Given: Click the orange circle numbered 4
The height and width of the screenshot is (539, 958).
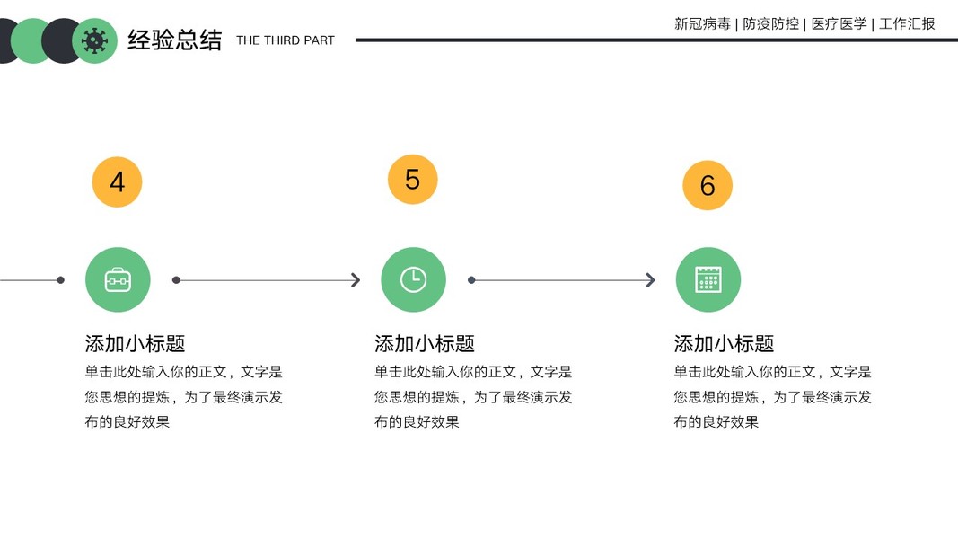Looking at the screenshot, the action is (x=118, y=182).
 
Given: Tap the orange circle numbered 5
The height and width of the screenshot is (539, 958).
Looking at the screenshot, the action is (x=412, y=180).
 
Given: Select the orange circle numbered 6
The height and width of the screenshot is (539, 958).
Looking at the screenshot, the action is (x=708, y=186).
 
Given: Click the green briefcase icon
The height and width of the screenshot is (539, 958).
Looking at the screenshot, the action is (x=118, y=279).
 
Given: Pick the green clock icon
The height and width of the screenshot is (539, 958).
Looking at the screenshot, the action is (x=413, y=279).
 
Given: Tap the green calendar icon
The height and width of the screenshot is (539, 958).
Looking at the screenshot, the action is (x=708, y=279).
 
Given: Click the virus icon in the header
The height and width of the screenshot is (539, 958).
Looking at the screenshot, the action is (x=94, y=40).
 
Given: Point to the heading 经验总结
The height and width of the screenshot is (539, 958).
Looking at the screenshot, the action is (x=174, y=40).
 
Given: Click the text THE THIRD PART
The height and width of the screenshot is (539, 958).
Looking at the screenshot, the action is (x=285, y=40).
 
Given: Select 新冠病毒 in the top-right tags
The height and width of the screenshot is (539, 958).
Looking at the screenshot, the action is (x=702, y=24).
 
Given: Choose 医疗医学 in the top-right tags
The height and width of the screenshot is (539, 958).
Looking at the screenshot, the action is (x=839, y=24).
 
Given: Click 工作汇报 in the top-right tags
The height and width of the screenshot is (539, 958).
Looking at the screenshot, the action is (x=907, y=24).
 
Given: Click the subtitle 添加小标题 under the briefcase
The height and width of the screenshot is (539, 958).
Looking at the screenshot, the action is (x=135, y=343).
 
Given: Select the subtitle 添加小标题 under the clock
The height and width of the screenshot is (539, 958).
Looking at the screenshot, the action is (x=424, y=343).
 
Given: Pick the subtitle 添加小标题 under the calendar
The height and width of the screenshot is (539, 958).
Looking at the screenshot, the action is (x=724, y=343).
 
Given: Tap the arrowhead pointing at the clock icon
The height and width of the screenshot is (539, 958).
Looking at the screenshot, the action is (x=356, y=280).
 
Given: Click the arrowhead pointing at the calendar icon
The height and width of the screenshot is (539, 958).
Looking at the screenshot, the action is (x=651, y=280).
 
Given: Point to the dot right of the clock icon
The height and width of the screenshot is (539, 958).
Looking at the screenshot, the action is (x=471, y=280).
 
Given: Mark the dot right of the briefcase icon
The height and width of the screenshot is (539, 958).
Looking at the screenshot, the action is (x=176, y=280).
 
